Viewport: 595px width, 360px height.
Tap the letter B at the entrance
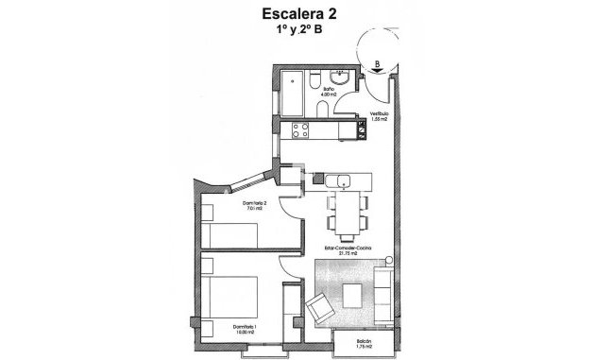click(x=378, y=65)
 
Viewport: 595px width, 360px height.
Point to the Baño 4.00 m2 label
click(x=329, y=94)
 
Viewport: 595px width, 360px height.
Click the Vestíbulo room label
click(x=380, y=118)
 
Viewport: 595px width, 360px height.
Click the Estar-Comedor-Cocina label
click(x=346, y=250)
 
